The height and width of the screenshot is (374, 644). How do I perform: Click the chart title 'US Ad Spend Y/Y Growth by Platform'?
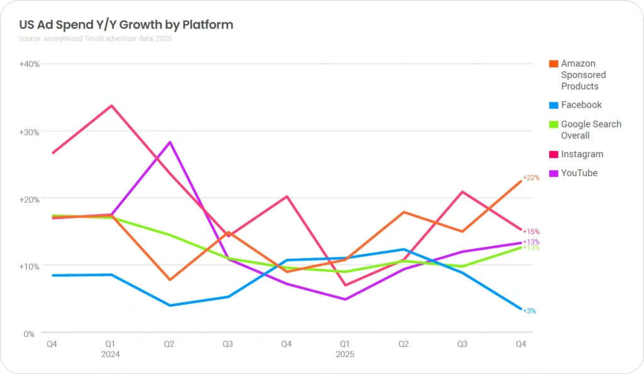click(x=126, y=25)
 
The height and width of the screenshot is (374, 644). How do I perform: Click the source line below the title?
click(x=95, y=39)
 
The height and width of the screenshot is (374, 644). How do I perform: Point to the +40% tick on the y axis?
click(x=30, y=64)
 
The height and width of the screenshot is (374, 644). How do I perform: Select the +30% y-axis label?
click(x=30, y=132)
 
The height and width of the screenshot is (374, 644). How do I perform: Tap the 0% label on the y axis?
click(x=29, y=334)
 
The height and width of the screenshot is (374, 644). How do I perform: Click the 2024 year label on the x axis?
click(x=111, y=354)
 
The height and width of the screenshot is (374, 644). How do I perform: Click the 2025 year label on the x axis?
click(x=345, y=354)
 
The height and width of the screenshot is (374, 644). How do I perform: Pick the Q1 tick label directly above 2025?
click(x=345, y=344)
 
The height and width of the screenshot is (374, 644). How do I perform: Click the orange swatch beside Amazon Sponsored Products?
click(x=553, y=64)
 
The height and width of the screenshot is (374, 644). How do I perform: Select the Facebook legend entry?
click(x=581, y=105)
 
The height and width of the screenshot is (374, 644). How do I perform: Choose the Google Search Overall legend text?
click(x=591, y=130)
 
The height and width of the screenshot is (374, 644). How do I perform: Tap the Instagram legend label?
click(x=582, y=154)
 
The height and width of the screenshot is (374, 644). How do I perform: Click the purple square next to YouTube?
click(x=553, y=173)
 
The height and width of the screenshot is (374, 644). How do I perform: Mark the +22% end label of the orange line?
click(x=531, y=178)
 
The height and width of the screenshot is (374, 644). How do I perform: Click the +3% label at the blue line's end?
click(x=529, y=311)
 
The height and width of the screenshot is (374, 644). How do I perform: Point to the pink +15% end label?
click(x=531, y=232)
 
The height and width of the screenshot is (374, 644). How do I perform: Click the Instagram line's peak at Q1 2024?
click(x=111, y=106)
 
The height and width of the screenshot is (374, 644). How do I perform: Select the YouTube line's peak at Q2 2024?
click(x=170, y=142)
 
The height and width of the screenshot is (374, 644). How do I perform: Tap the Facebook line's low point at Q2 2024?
click(x=170, y=305)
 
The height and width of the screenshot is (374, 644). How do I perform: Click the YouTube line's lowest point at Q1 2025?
click(x=345, y=299)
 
